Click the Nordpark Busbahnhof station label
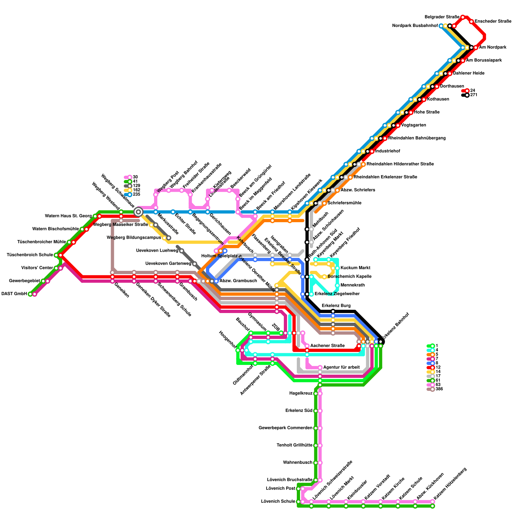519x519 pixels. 415,26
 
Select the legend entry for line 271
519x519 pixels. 473,95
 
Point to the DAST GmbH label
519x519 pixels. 14,294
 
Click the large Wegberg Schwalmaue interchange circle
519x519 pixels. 138,212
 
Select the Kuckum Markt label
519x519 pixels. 355,268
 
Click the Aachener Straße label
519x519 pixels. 327,346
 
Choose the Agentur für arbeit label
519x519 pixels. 342,368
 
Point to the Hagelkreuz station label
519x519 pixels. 301,393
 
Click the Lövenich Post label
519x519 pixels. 280,488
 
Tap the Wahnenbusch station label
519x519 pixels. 297,462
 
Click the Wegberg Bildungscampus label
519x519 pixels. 134,238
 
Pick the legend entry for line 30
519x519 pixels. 135,177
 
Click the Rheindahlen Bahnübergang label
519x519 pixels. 417,138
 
